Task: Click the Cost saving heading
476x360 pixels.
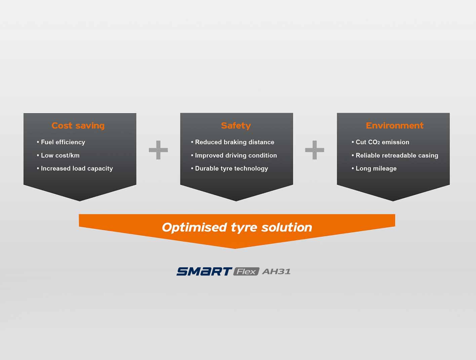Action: tap(78, 126)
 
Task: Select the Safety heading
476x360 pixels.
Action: tap(236, 126)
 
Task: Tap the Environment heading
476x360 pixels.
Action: tap(394, 126)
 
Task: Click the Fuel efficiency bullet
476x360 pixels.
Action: tap(63, 142)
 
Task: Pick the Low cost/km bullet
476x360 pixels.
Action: tap(60, 155)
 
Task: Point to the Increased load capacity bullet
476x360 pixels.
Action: tap(76, 169)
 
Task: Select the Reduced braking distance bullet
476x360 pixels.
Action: tap(234, 142)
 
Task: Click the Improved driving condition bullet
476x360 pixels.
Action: tap(236, 155)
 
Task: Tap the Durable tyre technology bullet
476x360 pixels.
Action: tap(231, 169)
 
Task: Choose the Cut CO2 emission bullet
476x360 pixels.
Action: tap(382, 142)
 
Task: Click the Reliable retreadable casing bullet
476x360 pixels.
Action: tap(397, 155)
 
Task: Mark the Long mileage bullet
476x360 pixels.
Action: tap(376, 169)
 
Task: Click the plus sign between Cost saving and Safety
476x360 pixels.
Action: tap(158, 150)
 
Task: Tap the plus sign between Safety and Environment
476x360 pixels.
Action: tap(315, 150)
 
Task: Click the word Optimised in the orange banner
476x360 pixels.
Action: tap(194, 227)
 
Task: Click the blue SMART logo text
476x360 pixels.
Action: tap(204, 271)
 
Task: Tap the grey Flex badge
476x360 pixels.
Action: tap(246, 271)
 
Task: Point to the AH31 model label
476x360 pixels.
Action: tap(276, 271)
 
